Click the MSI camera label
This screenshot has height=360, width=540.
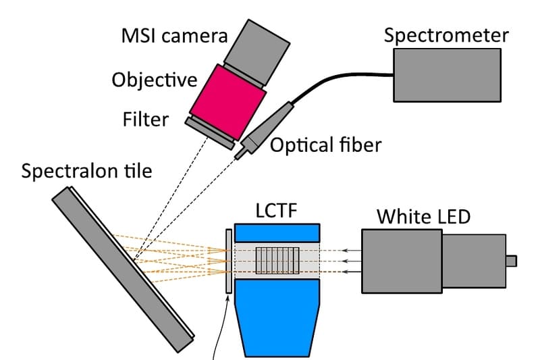175,36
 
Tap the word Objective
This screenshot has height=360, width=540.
155,80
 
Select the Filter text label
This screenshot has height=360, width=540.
146,119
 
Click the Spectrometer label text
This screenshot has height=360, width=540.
446,36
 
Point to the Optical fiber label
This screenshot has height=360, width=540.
325,145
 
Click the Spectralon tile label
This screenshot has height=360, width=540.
87,171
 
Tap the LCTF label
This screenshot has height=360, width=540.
277,211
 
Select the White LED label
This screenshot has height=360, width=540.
424,217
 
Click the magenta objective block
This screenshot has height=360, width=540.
228,102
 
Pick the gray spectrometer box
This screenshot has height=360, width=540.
447,75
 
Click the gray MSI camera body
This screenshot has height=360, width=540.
257,52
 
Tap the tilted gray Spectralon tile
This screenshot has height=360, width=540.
123,269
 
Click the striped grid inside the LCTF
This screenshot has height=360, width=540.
277,261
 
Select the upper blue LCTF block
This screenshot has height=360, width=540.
277,233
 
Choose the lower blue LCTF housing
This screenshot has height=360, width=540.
277,317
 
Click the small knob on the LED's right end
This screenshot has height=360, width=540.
511,261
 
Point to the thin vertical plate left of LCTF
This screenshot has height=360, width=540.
229,261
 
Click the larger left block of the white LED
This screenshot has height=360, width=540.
402,261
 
